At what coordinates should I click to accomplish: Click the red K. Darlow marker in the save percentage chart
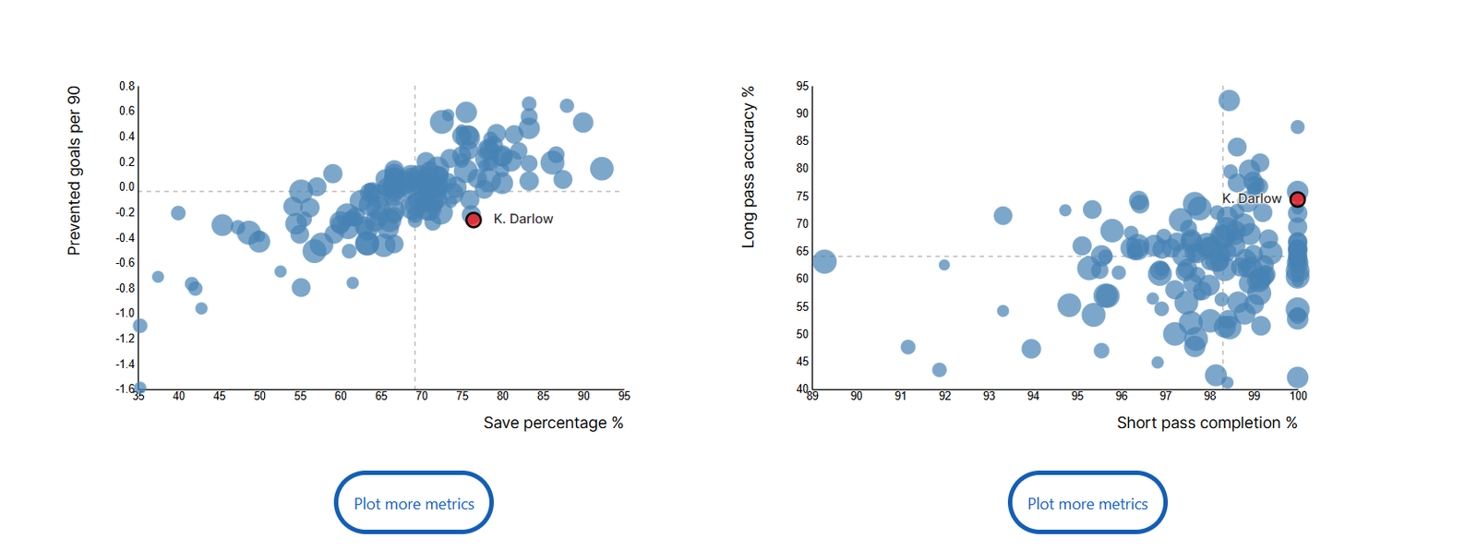[x=474, y=220]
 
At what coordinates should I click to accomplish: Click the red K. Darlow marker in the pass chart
[x=1297, y=199]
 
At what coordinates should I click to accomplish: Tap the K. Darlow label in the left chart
[x=522, y=219]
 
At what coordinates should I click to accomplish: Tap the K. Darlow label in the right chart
[x=1251, y=198]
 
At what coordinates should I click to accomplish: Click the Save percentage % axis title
[x=553, y=423]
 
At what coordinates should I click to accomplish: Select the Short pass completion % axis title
[x=1207, y=423]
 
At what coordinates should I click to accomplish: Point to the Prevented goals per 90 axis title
[x=75, y=171]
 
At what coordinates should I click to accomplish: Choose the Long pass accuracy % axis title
[x=749, y=167]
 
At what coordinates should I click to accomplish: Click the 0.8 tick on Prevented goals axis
[x=126, y=86]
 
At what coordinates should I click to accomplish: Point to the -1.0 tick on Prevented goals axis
[x=125, y=313]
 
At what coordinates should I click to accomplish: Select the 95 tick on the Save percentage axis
[x=624, y=396]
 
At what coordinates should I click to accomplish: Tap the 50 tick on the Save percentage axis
[x=259, y=396]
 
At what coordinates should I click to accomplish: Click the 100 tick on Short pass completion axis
[x=1298, y=396]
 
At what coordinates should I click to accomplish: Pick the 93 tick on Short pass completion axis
[x=989, y=396]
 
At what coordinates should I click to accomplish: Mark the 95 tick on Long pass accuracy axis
[x=802, y=86]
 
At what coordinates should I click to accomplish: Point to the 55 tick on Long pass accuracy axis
[x=802, y=306]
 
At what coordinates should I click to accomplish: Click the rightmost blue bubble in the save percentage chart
[x=602, y=169]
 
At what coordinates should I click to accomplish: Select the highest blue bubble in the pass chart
[x=1229, y=101]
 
